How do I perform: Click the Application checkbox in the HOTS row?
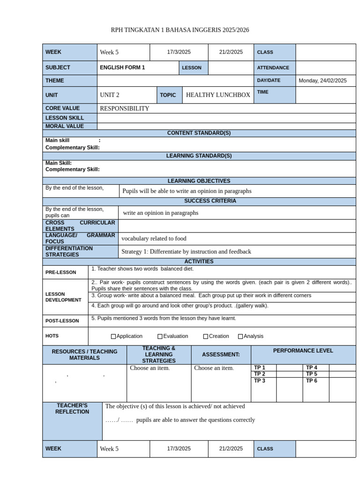(x=113, y=337)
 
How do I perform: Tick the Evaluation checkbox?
(x=160, y=337)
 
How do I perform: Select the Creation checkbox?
(x=206, y=337)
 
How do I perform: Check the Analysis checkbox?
(x=241, y=337)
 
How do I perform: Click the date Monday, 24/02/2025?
(x=322, y=81)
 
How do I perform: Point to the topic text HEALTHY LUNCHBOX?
(x=218, y=95)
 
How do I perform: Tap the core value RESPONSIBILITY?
(x=124, y=109)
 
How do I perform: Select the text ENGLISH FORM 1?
(x=122, y=67)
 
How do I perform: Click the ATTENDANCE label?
(x=273, y=68)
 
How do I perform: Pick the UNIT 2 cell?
(x=110, y=95)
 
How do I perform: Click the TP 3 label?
(x=260, y=381)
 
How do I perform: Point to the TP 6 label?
(x=312, y=381)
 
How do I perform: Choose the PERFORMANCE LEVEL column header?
(x=303, y=351)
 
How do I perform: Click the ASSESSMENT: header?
(x=221, y=355)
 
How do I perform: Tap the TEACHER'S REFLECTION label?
(x=72, y=409)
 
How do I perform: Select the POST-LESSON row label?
(x=59, y=321)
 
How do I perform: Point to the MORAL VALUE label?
(x=65, y=126)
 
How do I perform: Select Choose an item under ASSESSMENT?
(x=214, y=368)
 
